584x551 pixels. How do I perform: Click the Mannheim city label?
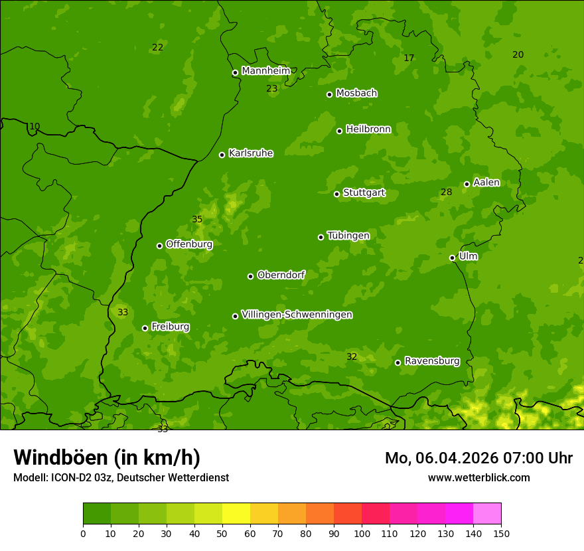point(265,71)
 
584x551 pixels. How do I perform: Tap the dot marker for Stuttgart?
point(336,194)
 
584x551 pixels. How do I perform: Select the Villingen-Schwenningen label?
point(297,315)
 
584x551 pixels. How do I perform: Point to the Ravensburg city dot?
point(398,362)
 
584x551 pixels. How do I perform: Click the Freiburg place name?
point(170,327)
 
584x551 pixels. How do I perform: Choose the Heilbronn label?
point(368,129)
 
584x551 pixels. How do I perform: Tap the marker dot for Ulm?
point(452,258)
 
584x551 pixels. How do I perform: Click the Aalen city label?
point(486,183)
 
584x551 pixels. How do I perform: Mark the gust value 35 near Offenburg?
point(197,220)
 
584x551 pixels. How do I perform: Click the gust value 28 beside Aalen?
point(446,193)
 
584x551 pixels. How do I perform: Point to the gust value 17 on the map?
point(409,58)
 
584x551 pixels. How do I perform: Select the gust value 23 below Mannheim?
point(271,88)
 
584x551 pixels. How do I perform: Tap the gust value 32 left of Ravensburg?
point(352,357)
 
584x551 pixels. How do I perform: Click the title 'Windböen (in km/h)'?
point(107,458)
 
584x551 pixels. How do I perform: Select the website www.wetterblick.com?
point(478,477)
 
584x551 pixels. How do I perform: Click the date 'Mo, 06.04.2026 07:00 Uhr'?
point(478,458)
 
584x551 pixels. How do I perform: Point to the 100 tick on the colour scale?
point(362,534)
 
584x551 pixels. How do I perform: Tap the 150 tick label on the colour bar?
point(501,534)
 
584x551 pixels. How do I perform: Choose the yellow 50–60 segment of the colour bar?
point(236,514)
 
